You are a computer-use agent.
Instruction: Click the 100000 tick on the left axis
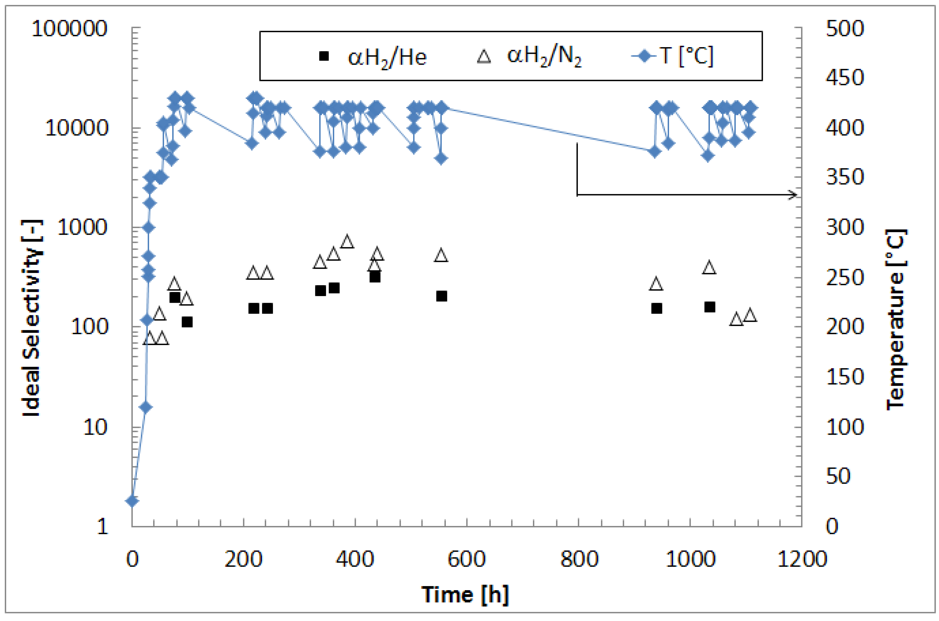[x=69, y=29]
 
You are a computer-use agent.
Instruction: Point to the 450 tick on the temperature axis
[x=844, y=78]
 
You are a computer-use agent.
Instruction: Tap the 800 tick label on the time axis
[x=579, y=559]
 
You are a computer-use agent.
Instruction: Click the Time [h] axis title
[x=465, y=595]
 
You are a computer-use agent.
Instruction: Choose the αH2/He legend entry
[x=372, y=57]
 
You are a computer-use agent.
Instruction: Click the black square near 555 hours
[x=441, y=296]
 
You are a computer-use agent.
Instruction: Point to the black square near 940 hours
[x=656, y=308]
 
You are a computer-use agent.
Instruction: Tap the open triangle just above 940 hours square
[x=656, y=284]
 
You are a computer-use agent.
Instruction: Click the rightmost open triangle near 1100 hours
[x=750, y=315]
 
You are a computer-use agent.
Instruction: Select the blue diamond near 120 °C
[x=146, y=407]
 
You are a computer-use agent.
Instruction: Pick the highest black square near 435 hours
[x=375, y=277]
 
